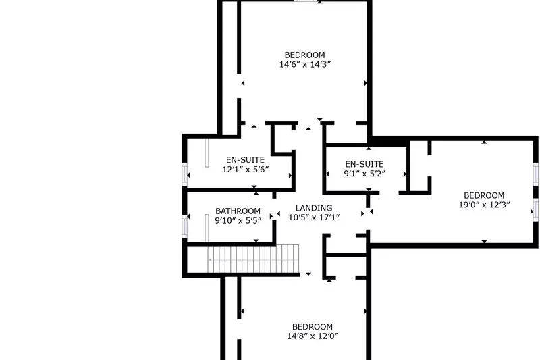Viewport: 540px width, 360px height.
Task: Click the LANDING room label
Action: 314,208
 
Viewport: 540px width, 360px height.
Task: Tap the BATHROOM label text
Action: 238,211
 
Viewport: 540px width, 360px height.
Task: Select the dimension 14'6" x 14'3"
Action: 304,65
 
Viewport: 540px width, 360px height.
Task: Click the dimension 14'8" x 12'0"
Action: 313,336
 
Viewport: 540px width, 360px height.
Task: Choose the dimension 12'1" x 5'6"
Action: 246,170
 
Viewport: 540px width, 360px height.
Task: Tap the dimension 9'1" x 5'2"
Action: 364,174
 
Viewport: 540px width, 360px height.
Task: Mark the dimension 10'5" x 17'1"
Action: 314,217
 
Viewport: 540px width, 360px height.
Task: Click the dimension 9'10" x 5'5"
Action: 238,220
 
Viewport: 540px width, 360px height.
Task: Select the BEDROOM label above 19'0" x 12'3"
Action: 484,195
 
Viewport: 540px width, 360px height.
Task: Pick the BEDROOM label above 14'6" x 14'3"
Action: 304,55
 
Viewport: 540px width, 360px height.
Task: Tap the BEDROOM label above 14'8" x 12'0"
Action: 313,326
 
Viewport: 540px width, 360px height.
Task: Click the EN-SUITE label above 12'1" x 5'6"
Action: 246,160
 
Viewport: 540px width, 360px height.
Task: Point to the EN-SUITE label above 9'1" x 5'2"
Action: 364,164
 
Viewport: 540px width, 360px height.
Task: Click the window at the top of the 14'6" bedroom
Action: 305,1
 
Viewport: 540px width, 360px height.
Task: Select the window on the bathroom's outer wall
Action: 184,226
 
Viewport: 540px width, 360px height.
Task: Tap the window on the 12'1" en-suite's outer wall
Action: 184,174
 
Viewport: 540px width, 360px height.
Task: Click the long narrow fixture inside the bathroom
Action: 207,228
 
